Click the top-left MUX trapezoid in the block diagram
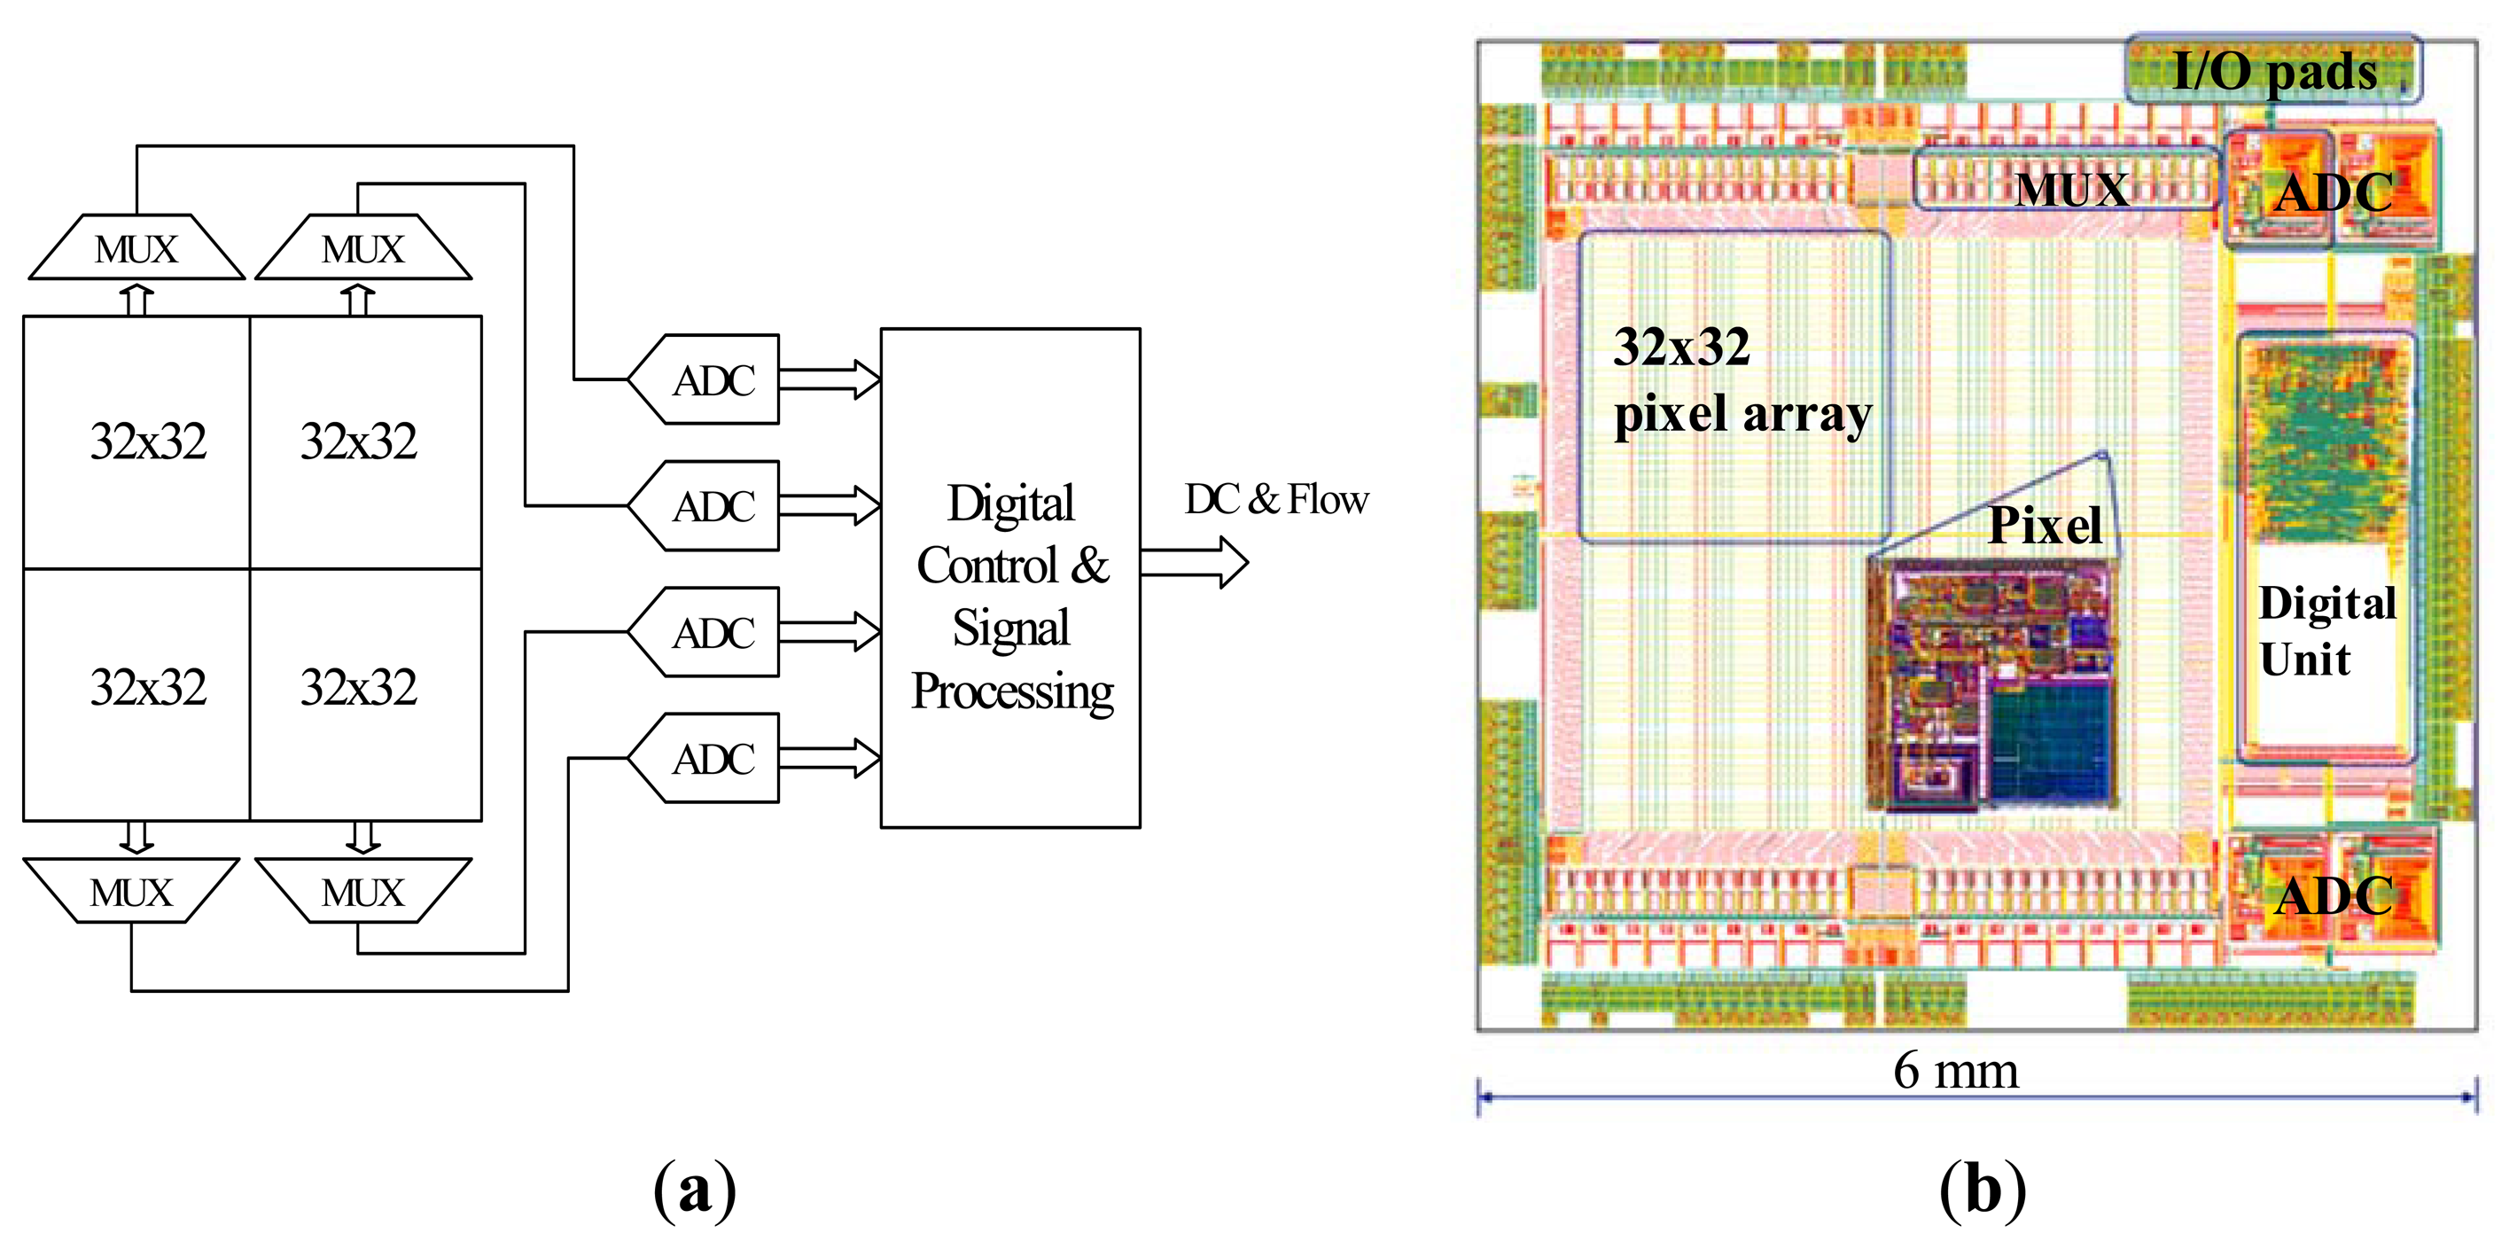click(136, 248)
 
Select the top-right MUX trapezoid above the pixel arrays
click(362, 248)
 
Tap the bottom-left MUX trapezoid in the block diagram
click(131, 890)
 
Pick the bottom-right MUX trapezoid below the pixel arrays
click(362, 890)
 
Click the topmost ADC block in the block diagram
click(712, 379)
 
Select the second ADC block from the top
click(712, 505)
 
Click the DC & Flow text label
click(1275, 499)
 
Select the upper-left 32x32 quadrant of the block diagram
click(136, 441)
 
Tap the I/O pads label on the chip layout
click(2272, 70)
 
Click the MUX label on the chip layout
click(2070, 188)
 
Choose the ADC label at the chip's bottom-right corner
click(2334, 895)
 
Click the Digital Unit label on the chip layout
click(2326, 630)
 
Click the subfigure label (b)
click(1983, 1190)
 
